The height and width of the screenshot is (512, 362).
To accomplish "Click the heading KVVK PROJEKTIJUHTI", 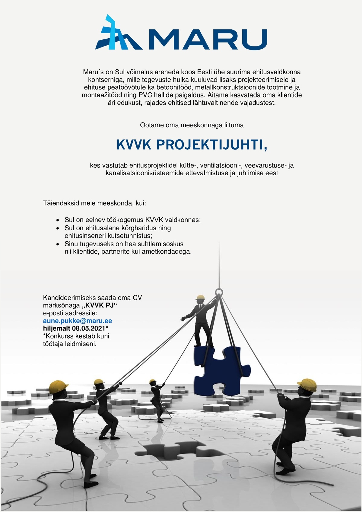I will [192, 145].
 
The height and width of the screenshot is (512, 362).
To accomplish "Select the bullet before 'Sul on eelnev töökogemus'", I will [58, 220].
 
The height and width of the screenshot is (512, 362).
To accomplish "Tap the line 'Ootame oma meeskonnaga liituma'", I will [192, 125].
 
